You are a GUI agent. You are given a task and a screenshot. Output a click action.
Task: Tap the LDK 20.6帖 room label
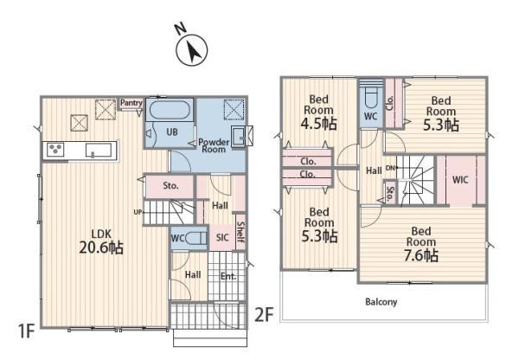(x=101, y=241)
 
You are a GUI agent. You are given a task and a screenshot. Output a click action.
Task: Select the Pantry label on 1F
(x=131, y=103)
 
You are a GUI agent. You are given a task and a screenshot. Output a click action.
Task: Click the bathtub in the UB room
(x=170, y=110)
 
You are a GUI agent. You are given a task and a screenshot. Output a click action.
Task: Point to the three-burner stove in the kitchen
(x=55, y=150)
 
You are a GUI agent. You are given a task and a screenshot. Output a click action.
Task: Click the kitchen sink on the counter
(x=99, y=150)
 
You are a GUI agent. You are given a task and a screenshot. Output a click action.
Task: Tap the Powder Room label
(x=214, y=145)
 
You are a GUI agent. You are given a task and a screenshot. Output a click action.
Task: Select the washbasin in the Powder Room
(x=239, y=136)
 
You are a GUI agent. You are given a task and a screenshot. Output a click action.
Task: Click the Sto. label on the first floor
(x=170, y=186)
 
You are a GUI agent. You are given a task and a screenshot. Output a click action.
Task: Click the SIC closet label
(x=222, y=237)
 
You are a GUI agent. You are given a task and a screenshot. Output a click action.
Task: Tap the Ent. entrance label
(x=228, y=276)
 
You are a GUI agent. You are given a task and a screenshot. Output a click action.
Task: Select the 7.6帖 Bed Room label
(x=421, y=244)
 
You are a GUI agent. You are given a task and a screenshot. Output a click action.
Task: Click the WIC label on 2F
(x=460, y=180)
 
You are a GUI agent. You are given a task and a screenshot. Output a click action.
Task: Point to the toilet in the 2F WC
(x=370, y=98)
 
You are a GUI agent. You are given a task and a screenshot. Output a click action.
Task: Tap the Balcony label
(x=381, y=302)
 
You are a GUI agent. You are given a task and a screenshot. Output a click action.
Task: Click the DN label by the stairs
(x=391, y=168)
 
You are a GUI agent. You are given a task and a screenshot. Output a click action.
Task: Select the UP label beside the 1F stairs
(x=138, y=212)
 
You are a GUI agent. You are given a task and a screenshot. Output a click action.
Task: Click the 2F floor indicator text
(x=264, y=315)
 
